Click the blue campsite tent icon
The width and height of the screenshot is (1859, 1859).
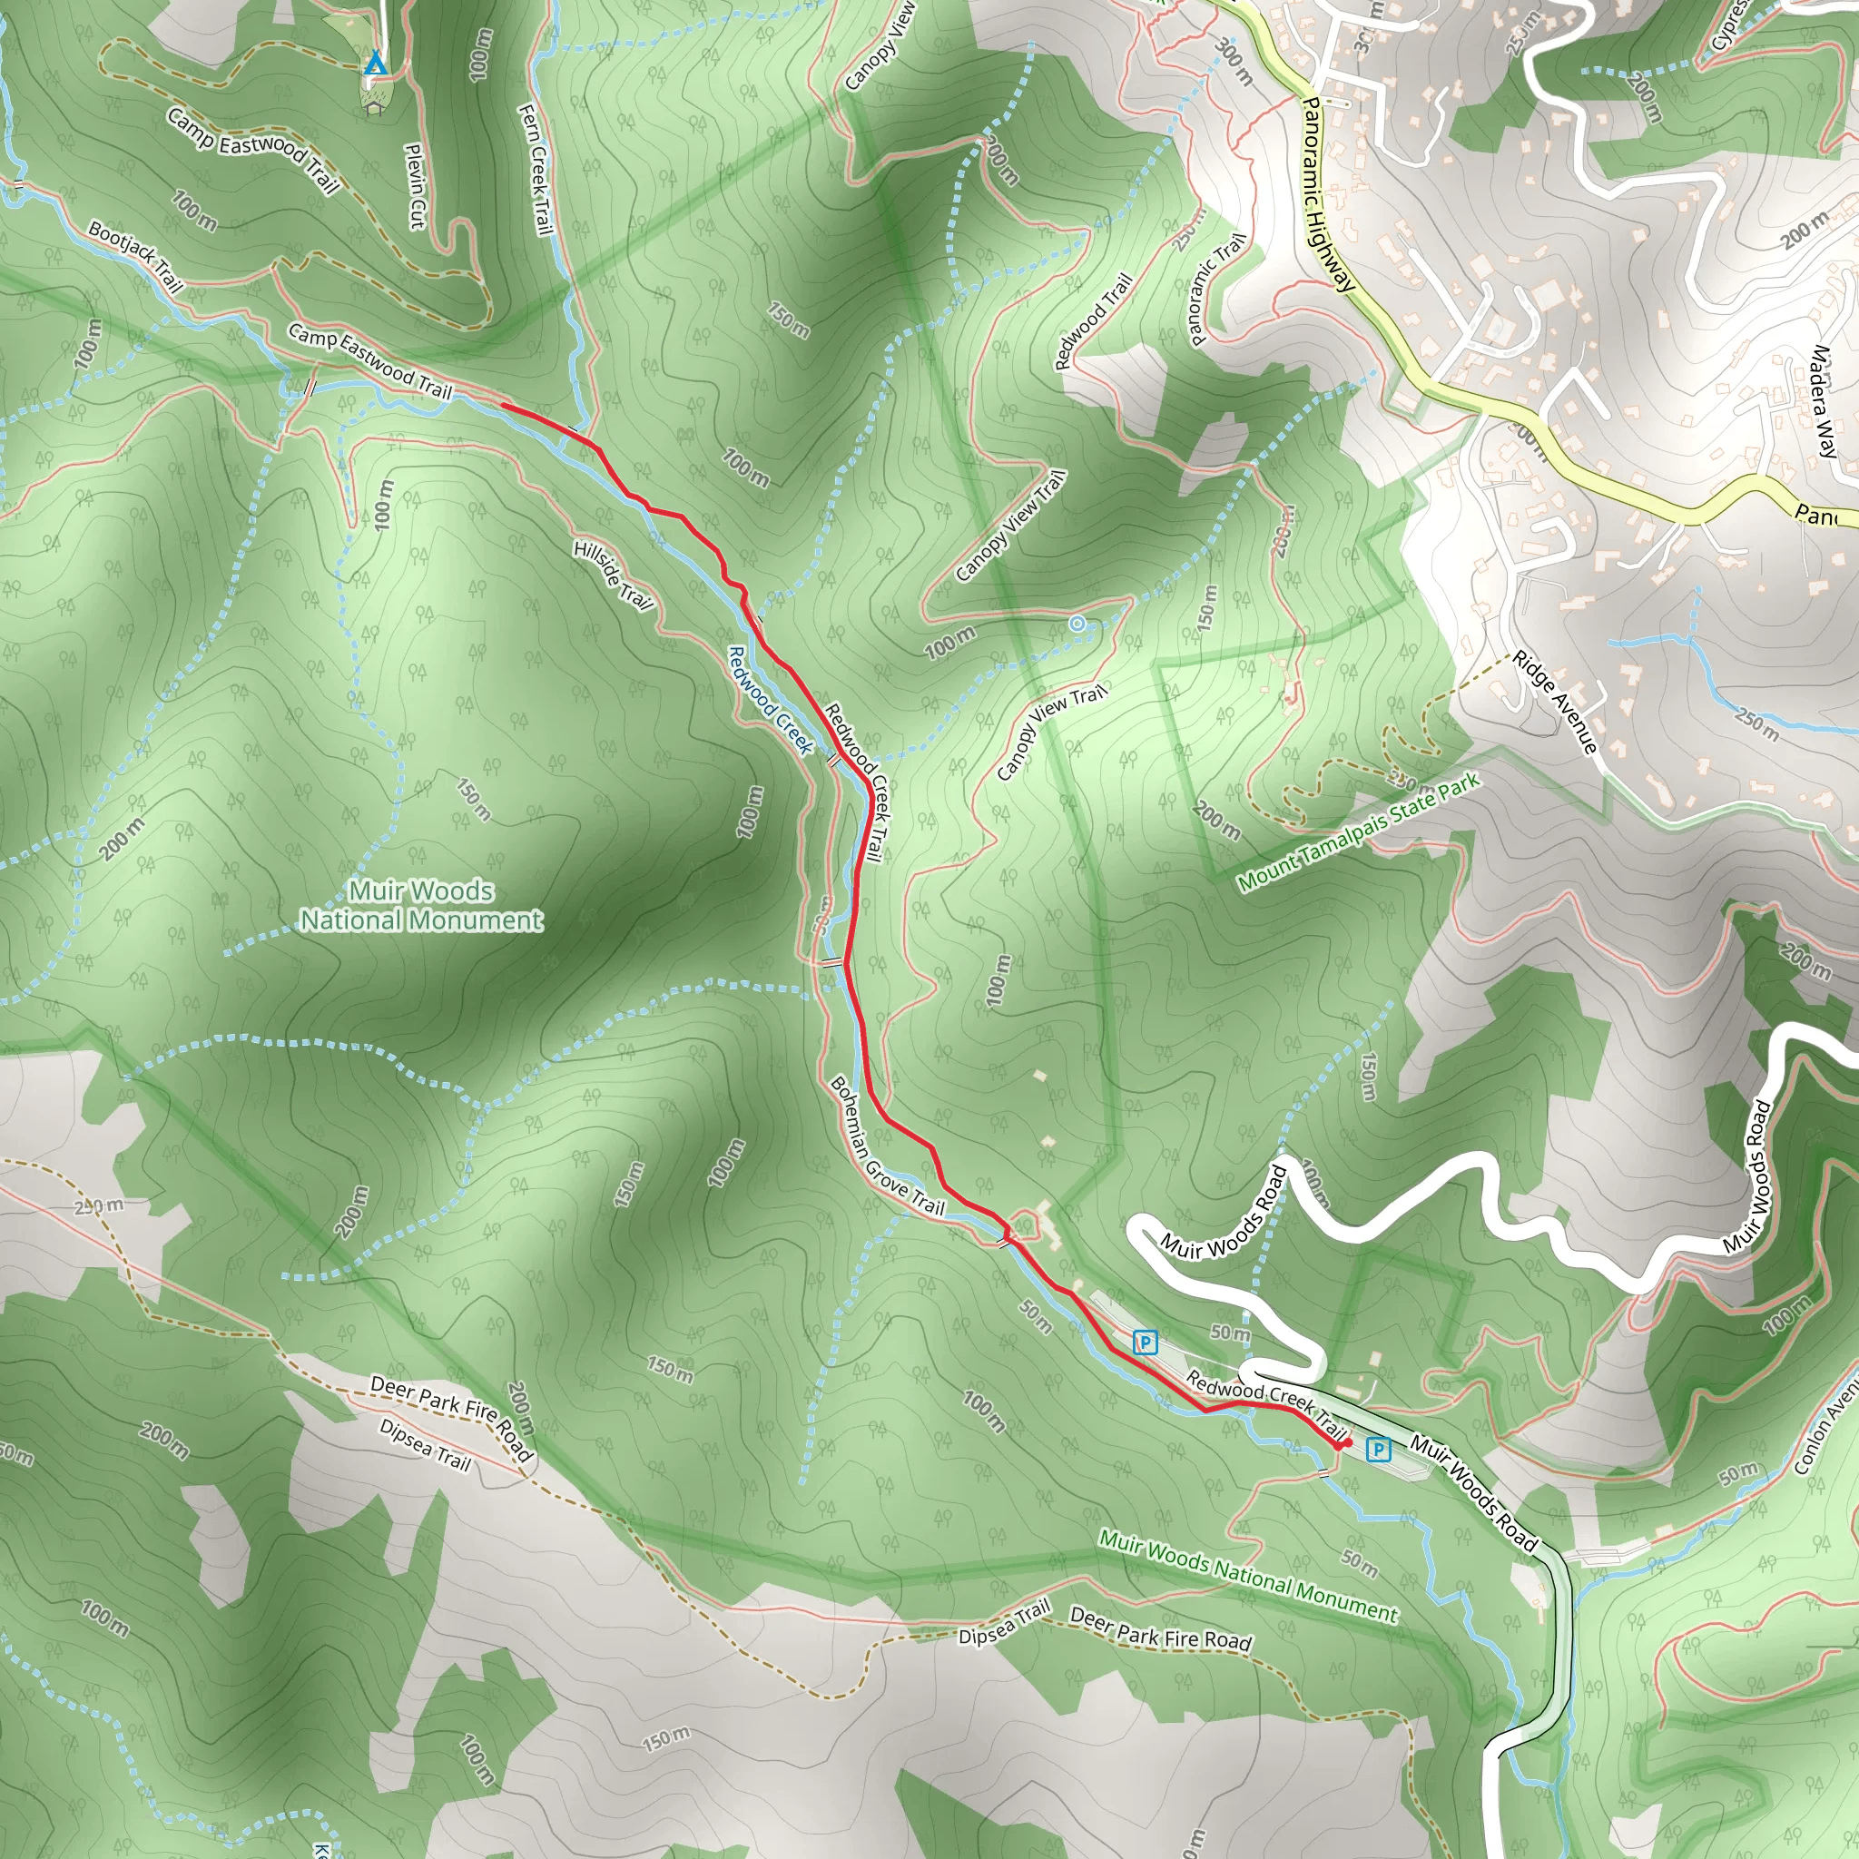coord(375,64)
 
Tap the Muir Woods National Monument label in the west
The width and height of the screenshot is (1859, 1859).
coord(421,905)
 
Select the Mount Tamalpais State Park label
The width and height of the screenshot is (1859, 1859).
coord(1358,833)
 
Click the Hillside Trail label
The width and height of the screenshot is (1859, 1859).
coord(613,575)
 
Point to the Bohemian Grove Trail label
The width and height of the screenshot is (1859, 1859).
coord(886,1145)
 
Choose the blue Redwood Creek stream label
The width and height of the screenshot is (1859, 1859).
coord(770,700)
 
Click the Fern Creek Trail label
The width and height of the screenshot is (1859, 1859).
coord(536,169)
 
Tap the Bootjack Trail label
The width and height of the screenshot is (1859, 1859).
coord(134,256)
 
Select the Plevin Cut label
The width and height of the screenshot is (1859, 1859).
coord(415,187)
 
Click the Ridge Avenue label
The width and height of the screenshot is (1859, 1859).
coord(1555,702)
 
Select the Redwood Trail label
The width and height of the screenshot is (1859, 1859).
coord(1093,321)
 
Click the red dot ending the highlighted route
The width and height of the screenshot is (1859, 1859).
coord(1346,1442)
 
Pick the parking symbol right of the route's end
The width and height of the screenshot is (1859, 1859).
coord(1379,1448)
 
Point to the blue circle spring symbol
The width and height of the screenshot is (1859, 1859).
coord(1077,625)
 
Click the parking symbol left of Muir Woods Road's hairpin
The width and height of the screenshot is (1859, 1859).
coord(1144,1342)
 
